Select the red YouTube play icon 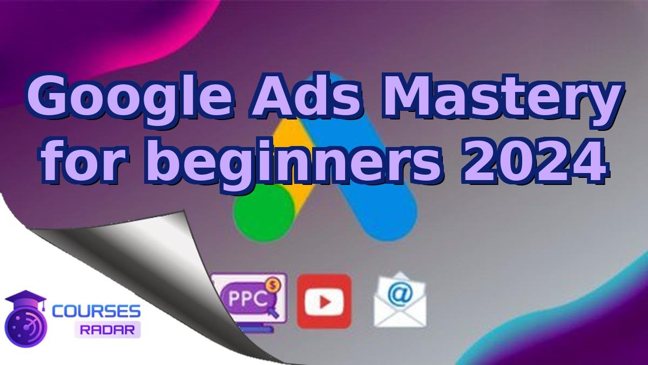[324, 301]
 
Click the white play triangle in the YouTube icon [325, 302]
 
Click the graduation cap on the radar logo [25, 300]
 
